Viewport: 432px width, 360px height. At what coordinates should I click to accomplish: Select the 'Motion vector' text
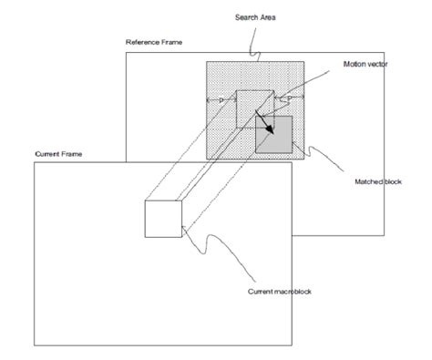[365, 65]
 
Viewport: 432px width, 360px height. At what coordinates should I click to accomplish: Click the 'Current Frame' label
[58, 154]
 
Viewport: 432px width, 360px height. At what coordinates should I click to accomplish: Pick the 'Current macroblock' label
[283, 292]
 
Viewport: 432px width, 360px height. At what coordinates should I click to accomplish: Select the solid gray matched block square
[273, 136]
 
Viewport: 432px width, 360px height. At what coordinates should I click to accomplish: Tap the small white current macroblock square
[163, 219]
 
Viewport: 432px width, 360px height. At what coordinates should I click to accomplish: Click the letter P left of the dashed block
[221, 99]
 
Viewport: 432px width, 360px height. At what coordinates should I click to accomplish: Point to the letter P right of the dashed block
[290, 98]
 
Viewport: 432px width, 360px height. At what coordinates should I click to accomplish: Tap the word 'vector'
[377, 65]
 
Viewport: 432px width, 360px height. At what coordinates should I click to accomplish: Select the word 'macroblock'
[293, 292]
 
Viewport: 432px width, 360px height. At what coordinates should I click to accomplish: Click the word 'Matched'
[368, 182]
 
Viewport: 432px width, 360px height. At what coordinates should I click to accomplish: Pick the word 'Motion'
[355, 65]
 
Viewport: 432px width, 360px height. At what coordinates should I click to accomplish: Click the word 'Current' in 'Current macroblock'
[261, 292]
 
